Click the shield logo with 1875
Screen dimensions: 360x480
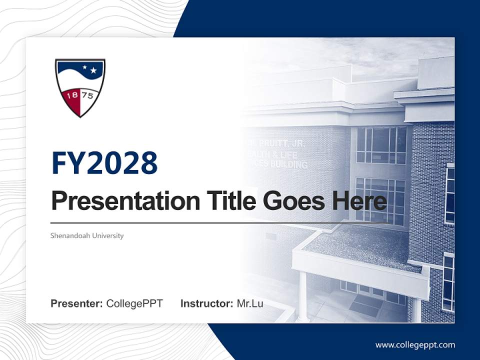click(x=80, y=87)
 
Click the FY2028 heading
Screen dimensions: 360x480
click(x=104, y=163)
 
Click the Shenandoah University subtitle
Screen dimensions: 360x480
click(x=87, y=235)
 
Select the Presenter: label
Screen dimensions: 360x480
click(x=76, y=303)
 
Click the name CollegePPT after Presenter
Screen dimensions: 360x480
click(x=134, y=303)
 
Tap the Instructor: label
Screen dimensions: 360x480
click(x=206, y=303)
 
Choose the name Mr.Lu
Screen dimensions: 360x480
click(x=249, y=303)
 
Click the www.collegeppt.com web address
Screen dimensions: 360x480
click(x=415, y=344)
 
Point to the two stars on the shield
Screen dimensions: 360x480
click(x=88, y=69)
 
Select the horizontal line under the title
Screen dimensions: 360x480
click(x=200, y=222)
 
